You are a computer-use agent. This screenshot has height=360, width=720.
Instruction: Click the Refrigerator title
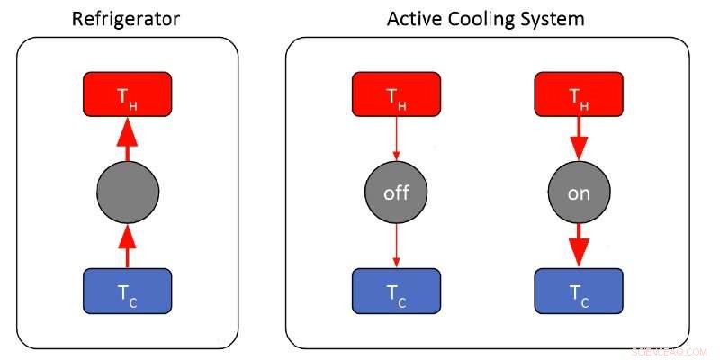(x=127, y=19)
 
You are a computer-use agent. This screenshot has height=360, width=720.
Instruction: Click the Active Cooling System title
(x=487, y=19)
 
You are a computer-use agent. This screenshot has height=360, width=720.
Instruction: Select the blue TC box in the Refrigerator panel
(x=127, y=291)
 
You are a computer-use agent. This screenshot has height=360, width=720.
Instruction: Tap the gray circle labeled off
(x=396, y=193)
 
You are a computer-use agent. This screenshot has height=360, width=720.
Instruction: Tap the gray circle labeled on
(x=580, y=193)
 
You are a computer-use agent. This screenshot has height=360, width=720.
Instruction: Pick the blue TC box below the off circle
(x=396, y=292)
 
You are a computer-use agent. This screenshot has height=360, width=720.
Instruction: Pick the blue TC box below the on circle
(x=580, y=292)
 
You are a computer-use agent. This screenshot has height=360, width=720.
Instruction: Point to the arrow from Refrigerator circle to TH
(x=127, y=139)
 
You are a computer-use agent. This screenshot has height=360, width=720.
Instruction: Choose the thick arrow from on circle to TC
(x=580, y=245)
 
